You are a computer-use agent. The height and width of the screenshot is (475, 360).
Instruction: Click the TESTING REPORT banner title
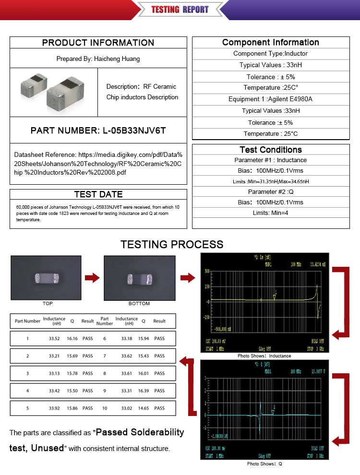pos(180,9)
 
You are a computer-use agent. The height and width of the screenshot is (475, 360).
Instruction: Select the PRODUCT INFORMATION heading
pos(98,42)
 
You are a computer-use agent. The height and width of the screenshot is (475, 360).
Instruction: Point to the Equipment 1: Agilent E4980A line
pos(270,99)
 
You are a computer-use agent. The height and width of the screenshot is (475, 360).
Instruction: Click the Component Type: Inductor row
pos(270,54)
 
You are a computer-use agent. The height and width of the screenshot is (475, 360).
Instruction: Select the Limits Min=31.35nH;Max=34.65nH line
pos(271,181)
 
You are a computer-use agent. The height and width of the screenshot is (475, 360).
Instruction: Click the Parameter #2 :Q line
pos(271,192)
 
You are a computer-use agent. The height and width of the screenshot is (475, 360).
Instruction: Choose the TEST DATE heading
pos(98,194)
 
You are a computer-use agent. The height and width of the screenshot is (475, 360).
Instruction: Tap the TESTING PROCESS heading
pos(172,244)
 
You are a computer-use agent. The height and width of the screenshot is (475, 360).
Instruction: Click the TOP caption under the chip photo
pos(48,304)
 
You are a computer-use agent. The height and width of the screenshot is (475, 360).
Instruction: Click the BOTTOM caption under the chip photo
pos(139,304)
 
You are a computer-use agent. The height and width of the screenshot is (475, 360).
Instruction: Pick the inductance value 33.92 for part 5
pos(54,408)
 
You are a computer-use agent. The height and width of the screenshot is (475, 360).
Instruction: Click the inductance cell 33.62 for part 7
pos(127,356)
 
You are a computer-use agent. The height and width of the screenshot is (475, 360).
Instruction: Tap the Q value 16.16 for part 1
pos(72,339)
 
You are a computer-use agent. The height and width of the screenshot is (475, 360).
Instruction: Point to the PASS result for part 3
pos(87,373)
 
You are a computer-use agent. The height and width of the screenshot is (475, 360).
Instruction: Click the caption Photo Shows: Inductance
pos(264,356)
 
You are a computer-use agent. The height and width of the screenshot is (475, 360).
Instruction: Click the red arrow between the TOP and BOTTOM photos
pos(92,278)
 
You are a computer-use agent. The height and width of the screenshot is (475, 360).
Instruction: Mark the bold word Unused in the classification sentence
pos(48,448)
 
